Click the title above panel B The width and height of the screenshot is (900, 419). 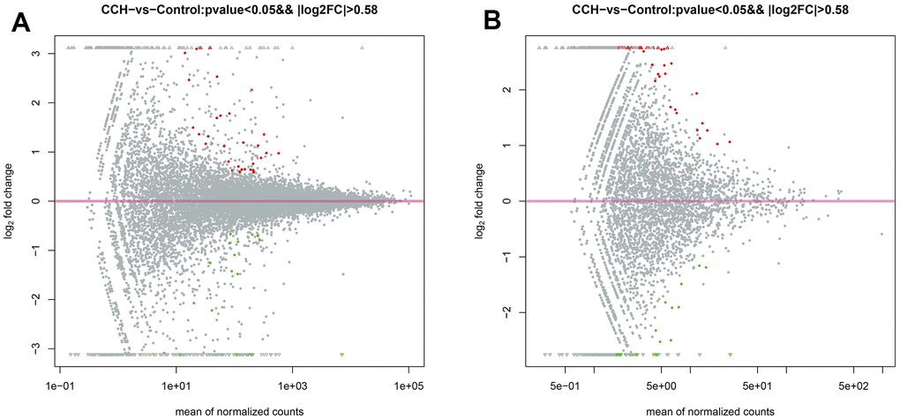(x=709, y=10)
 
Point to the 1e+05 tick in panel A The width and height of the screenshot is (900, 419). (x=409, y=385)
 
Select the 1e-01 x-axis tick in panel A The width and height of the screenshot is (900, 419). (x=59, y=385)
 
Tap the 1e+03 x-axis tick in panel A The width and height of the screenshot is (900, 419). (x=292, y=385)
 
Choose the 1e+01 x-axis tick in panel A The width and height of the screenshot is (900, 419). (x=176, y=385)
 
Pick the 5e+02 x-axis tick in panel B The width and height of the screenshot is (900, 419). (x=854, y=385)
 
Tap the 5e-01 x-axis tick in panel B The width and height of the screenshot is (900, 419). (x=565, y=385)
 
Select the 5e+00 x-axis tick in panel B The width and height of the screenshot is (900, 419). (x=661, y=385)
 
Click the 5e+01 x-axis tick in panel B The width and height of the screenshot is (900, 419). (x=758, y=385)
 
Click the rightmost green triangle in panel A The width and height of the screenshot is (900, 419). (x=341, y=355)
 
